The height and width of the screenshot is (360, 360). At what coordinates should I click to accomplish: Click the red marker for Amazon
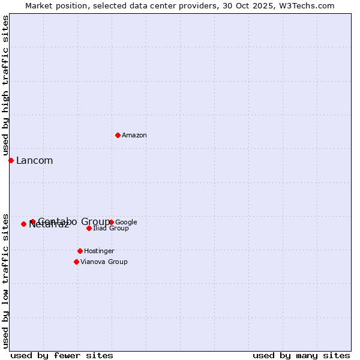click(118, 135)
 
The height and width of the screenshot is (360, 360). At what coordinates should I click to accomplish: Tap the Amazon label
click(134, 136)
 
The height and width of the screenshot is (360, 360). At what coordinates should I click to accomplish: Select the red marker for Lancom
click(11, 160)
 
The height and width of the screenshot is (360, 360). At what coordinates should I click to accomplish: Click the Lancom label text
click(34, 161)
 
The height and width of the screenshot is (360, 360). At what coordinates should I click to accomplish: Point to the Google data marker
click(111, 222)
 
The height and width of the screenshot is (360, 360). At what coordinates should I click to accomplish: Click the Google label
click(127, 223)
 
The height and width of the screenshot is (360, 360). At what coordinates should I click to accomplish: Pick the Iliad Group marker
click(89, 228)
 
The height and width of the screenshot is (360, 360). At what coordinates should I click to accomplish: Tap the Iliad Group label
click(111, 229)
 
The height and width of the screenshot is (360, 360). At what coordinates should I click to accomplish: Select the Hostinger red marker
click(80, 251)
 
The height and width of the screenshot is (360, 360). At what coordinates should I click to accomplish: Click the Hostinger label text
click(99, 251)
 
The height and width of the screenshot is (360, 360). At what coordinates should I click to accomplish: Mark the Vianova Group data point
click(76, 262)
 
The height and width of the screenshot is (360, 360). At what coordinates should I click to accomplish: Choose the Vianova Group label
click(104, 262)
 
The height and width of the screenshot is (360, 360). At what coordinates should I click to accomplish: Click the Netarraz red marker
click(23, 224)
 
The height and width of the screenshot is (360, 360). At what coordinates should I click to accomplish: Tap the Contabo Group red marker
click(32, 222)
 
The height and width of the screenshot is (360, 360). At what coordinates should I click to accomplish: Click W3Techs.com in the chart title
click(306, 6)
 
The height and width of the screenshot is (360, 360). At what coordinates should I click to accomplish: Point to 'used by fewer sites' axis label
click(62, 355)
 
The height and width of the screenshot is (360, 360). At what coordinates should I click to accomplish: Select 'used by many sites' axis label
click(301, 355)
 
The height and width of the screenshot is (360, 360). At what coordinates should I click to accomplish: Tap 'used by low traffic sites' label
click(6, 280)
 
